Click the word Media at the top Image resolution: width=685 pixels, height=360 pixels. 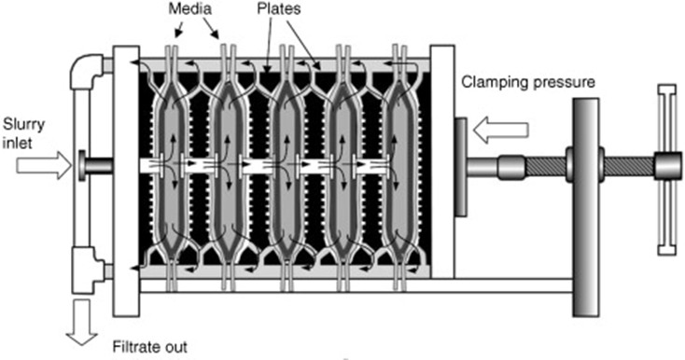[x=190, y=9]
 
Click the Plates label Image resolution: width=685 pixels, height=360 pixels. [x=279, y=9]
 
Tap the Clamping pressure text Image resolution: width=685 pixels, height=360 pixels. [x=528, y=82]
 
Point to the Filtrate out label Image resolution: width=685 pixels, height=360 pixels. [x=150, y=347]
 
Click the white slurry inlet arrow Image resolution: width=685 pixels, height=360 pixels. [x=44, y=166]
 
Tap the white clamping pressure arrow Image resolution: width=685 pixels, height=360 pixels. [x=501, y=130]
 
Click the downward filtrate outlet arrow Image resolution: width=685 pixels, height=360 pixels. [x=82, y=322]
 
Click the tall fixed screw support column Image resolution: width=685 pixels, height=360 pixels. [x=586, y=207]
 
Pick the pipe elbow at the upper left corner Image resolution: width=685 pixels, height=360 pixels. [x=87, y=71]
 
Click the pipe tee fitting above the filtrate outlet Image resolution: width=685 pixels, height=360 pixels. [x=88, y=270]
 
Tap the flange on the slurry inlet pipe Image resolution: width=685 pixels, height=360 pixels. [x=82, y=165]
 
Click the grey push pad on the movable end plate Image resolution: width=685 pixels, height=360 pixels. [x=460, y=167]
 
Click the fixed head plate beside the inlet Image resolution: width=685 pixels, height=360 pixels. [x=126, y=181]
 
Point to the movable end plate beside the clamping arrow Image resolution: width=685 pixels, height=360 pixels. [x=442, y=161]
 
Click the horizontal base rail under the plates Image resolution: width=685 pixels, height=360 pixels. [x=356, y=285]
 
